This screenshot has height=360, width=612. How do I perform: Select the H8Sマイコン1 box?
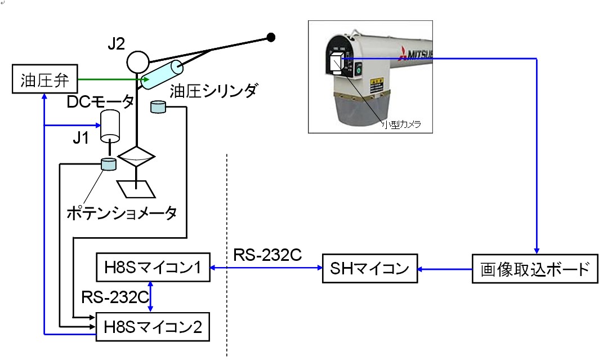[153, 268]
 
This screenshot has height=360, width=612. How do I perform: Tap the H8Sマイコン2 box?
[153, 326]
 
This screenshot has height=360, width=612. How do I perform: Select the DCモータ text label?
[100, 102]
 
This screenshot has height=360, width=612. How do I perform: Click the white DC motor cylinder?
[111, 126]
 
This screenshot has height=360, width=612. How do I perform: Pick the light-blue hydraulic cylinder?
[162, 74]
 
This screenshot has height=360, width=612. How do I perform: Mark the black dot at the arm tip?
[271, 38]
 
